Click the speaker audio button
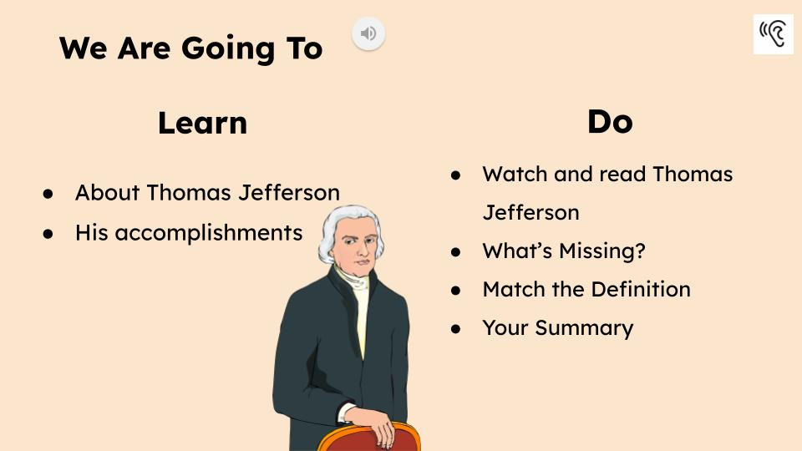tap(368, 33)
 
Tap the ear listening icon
tap(773, 34)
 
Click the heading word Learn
tap(202, 123)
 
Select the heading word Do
tap(610, 122)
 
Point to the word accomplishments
tap(208, 232)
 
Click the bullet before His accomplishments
tap(48, 233)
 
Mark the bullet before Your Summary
tap(456, 328)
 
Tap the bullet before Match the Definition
tap(456, 290)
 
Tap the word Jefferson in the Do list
tap(530, 212)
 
